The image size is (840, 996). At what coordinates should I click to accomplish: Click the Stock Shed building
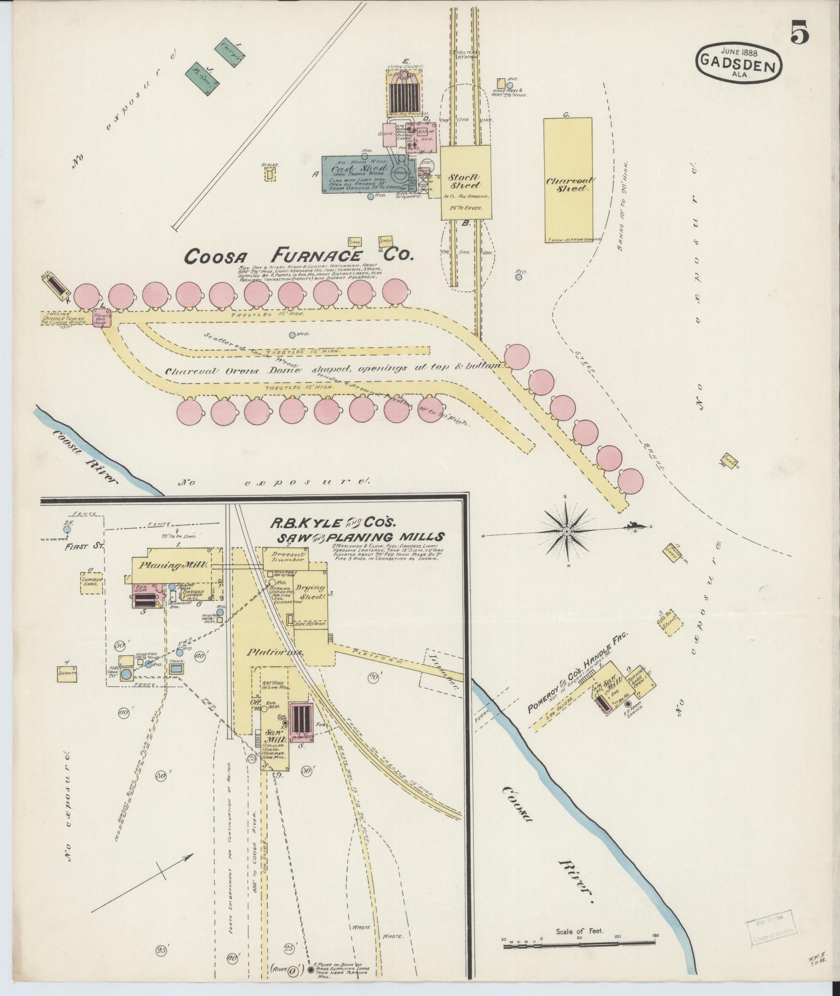[465, 182]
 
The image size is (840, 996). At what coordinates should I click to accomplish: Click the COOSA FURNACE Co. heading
[292, 256]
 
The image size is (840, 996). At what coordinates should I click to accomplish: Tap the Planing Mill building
[173, 565]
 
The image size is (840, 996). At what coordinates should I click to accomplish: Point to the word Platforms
[269, 652]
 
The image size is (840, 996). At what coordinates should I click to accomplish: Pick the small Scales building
[270, 174]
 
